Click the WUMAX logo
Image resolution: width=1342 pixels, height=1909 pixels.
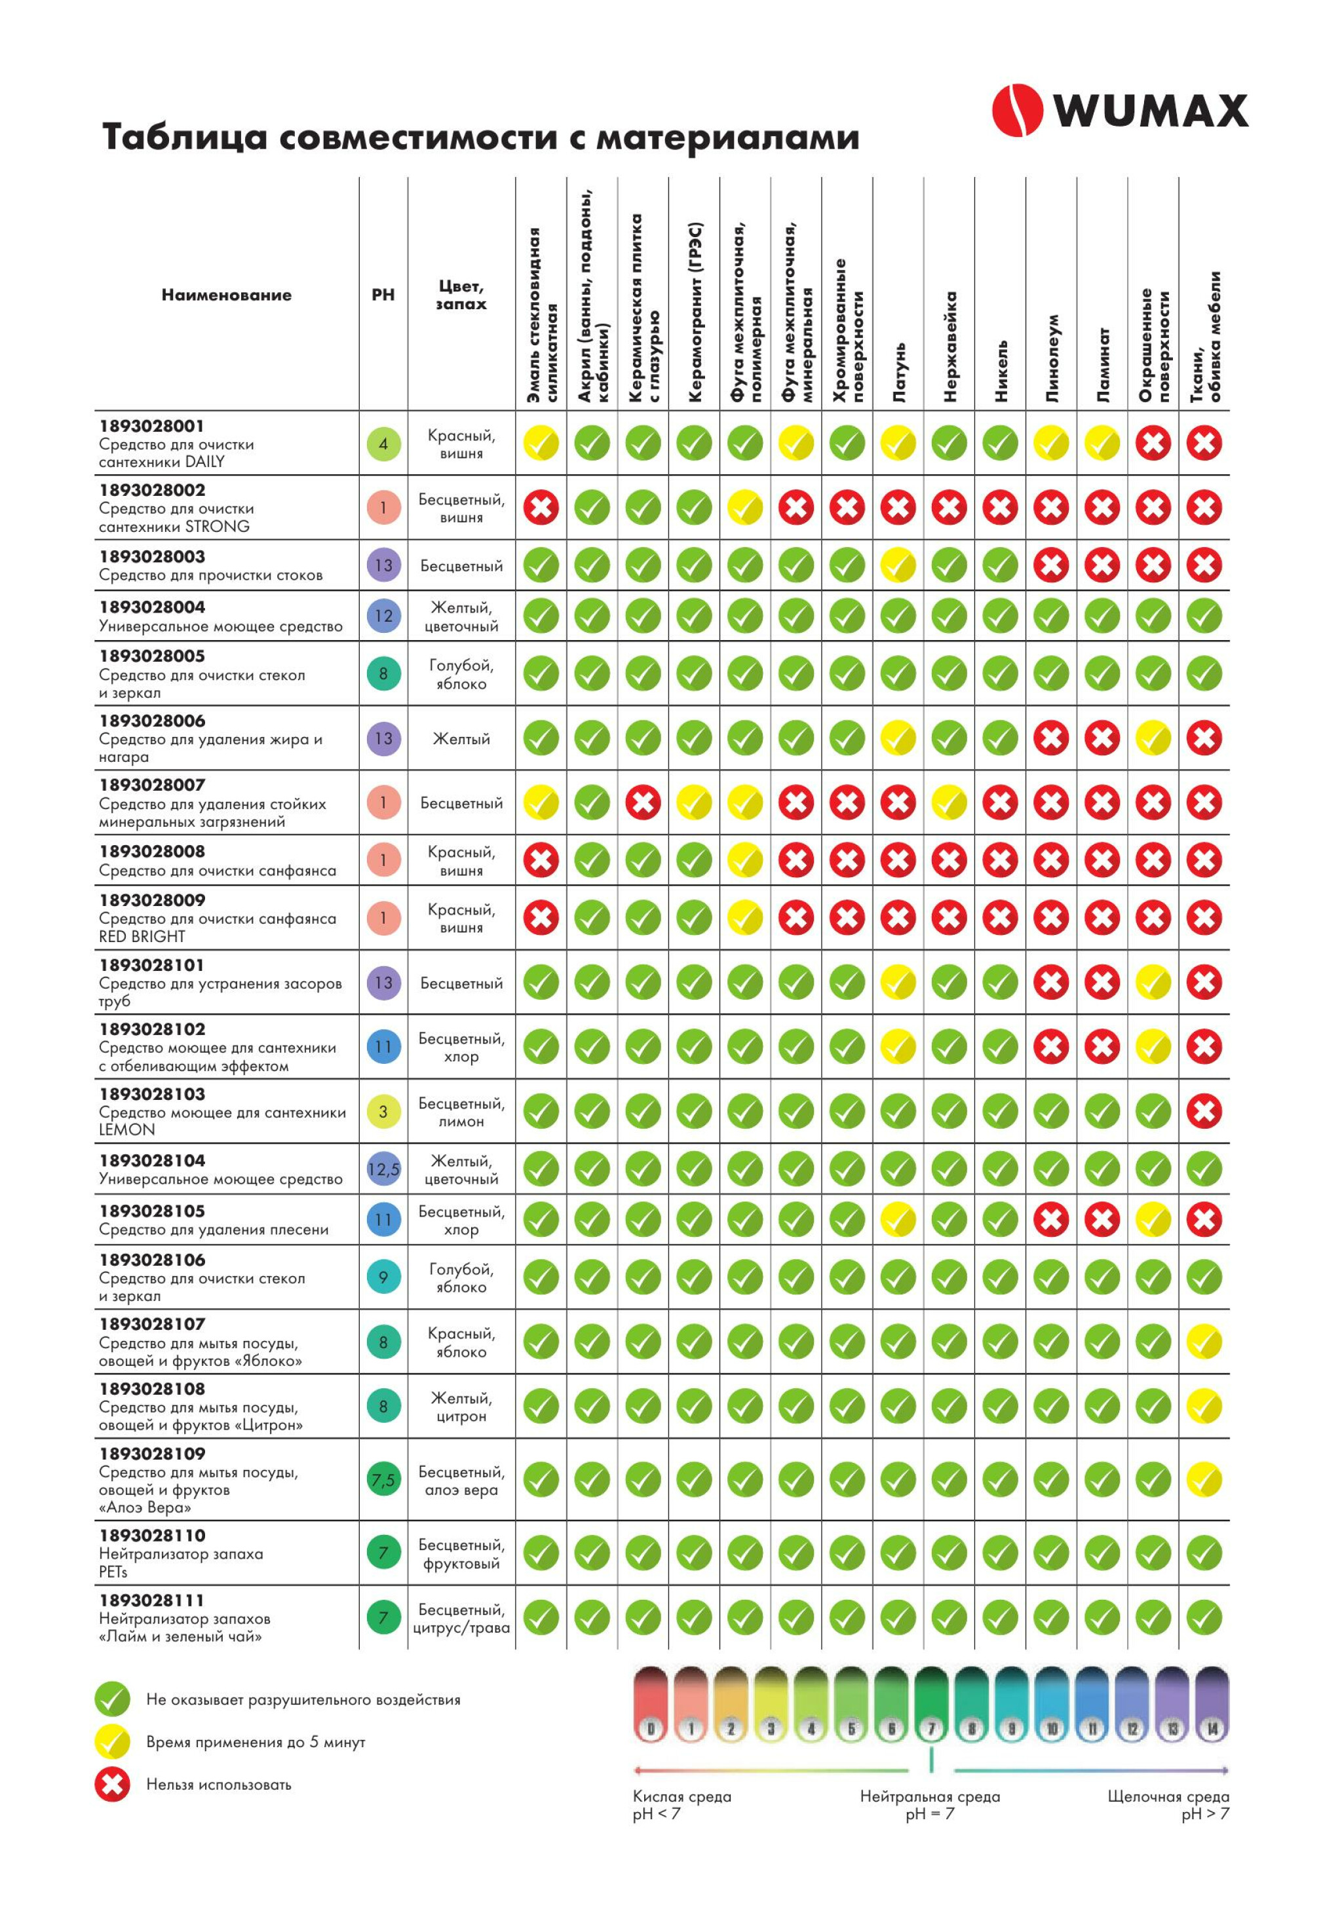(x=1119, y=110)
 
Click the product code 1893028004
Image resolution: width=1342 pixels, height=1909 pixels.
(x=151, y=607)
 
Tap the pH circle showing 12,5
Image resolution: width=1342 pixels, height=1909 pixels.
(x=383, y=1169)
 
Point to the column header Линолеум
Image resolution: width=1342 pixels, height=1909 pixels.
(x=1052, y=358)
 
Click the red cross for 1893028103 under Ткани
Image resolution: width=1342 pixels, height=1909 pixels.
(x=1203, y=1111)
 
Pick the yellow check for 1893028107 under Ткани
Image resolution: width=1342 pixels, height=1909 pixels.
(x=1203, y=1341)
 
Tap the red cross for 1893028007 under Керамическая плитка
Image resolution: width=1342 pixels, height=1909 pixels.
(x=643, y=803)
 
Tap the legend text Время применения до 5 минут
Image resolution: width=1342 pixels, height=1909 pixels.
(x=256, y=1742)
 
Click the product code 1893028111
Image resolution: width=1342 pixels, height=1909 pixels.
(x=151, y=1600)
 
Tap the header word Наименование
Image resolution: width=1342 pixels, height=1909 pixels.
(x=226, y=294)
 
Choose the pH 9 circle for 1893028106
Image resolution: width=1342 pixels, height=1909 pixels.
(x=383, y=1276)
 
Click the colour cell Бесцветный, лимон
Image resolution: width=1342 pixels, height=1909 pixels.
(x=461, y=1112)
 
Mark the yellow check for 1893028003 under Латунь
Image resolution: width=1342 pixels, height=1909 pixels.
(x=898, y=565)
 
